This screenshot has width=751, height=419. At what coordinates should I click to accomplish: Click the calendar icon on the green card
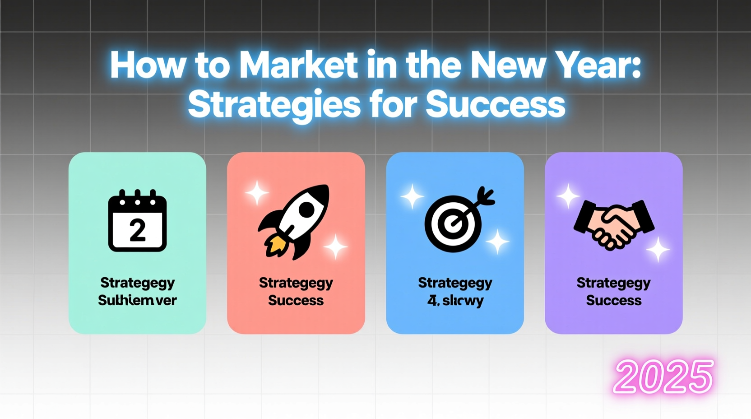click(x=137, y=221)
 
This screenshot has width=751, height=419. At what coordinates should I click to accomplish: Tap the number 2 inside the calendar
click(x=138, y=230)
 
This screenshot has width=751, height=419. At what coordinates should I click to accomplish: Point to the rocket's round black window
click(x=306, y=209)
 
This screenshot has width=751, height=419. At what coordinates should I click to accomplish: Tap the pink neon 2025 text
click(x=663, y=377)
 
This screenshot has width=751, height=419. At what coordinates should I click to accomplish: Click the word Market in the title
click(x=298, y=65)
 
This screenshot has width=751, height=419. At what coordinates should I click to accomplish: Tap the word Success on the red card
click(x=296, y=300)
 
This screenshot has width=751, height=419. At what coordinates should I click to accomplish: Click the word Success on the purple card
click(x=613, y=300)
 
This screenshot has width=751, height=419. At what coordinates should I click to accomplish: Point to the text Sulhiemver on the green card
click(x=137, y=300)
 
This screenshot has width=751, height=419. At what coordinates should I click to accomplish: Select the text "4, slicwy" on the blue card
click(x=455, y=300)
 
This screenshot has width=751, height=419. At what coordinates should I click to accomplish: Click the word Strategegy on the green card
click(x=137, y=283)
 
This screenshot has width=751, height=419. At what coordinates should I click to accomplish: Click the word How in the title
click(x=148, y=65)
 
